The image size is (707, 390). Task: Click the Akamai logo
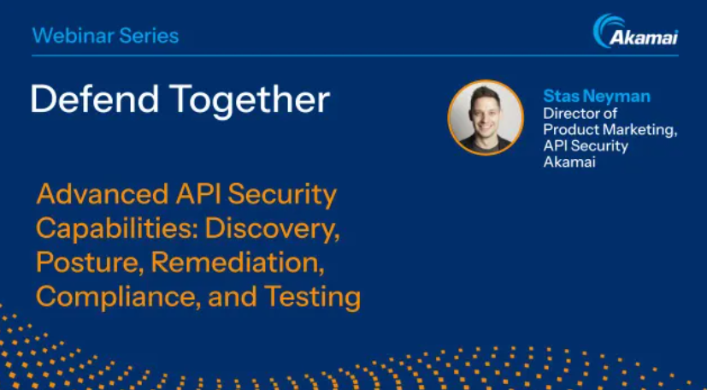pos(635,31)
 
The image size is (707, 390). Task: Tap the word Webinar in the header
pos(68,36)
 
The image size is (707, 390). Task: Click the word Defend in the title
pos(95,99)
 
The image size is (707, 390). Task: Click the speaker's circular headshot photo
pos(486,118)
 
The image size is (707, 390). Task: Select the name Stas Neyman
pos(597,96)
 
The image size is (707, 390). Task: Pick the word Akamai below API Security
pos(569,162)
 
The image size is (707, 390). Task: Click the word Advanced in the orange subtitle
pos(103,194)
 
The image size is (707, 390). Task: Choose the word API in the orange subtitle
pos(198,194)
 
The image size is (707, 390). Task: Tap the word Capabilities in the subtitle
pos(117,228)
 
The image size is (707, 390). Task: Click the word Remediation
pos(237,263)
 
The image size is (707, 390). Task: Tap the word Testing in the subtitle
pos(313,297)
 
